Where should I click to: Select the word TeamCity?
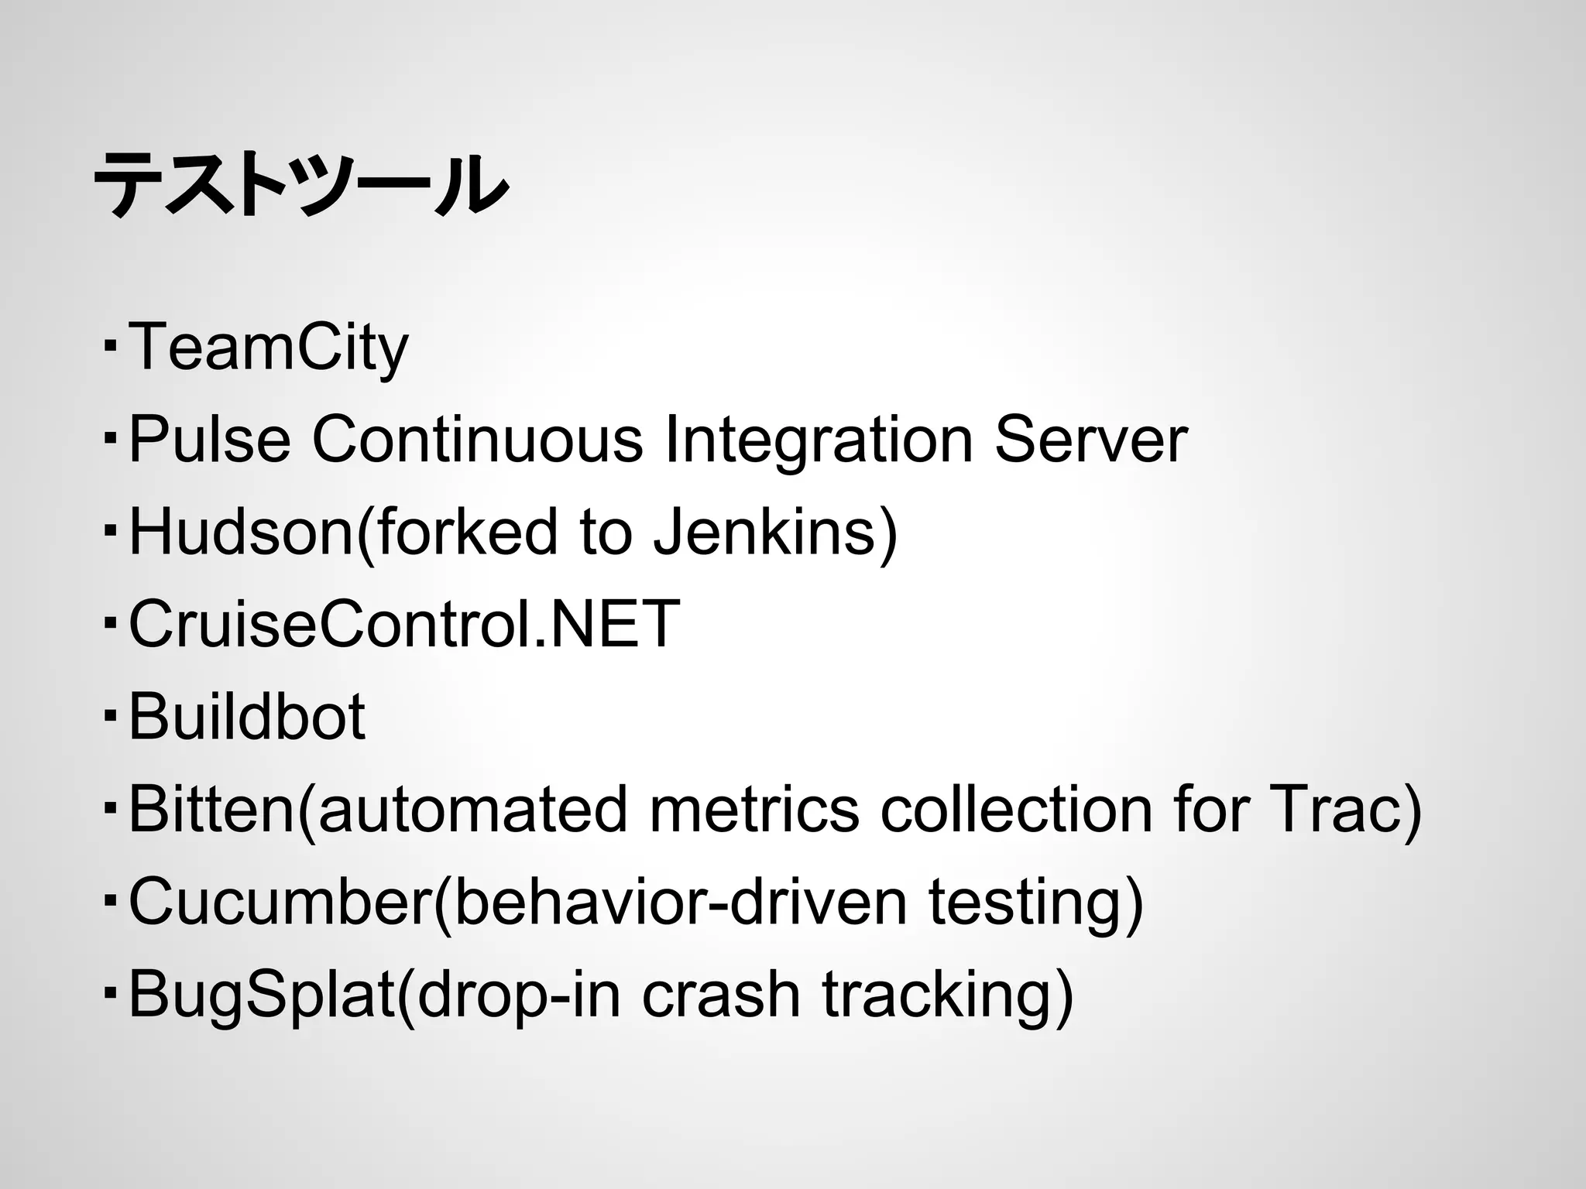point(268,348)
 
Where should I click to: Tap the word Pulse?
point(209,440)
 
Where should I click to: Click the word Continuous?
point(477,440)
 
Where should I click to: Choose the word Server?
point(1090,440)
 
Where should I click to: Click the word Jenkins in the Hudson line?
point(765,533)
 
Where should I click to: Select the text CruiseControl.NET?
point(403,624)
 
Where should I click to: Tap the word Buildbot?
point(246,717)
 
